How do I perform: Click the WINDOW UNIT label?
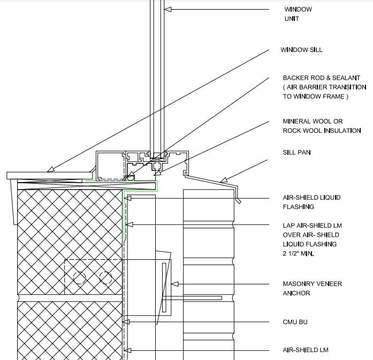(298, 14)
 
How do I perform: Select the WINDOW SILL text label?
(301, 50)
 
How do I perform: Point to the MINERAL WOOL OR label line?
(313, 122)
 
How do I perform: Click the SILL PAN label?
(296, 152)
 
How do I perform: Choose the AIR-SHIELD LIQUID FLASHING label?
(311, 202)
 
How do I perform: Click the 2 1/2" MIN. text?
(298, 253)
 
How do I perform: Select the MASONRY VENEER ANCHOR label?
(313, 288)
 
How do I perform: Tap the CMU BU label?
(295, 322)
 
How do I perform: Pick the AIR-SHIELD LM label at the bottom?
(306, 350)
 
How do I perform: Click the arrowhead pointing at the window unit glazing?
(168, 10)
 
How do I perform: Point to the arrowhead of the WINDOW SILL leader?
(50, 169)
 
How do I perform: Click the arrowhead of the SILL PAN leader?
(224, 180)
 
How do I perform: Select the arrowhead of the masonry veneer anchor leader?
(174, 284)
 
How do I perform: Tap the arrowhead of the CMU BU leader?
(126, 322)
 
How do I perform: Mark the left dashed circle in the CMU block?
(79, 278)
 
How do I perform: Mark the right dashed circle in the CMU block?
(105, 278)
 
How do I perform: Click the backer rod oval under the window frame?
(131, 178)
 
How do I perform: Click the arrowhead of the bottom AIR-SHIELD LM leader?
(127, 350)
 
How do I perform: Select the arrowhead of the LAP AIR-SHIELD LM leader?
(129, 224)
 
